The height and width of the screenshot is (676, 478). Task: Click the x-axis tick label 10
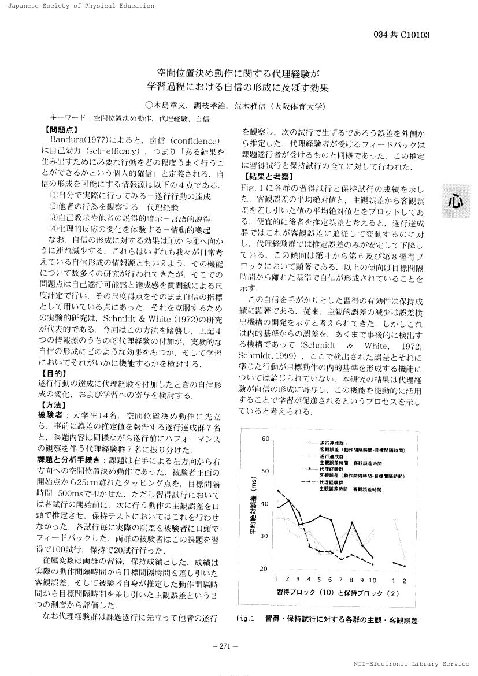pos(372,579)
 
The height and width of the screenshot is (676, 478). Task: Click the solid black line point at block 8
pos(351,522)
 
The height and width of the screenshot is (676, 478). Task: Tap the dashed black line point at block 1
pos(278,491)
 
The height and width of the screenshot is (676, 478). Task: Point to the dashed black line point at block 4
pos(310,546)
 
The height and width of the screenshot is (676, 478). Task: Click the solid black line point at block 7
pos(341,552)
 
